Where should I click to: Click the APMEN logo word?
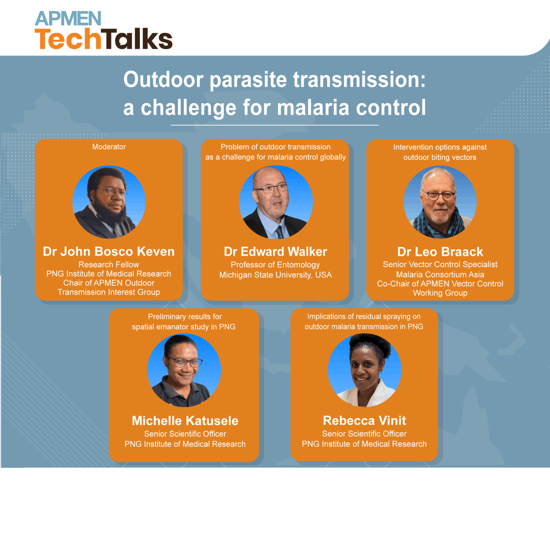click(x=68, y=19)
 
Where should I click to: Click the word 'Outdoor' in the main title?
click(x=163, y=79)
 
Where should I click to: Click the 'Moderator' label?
click(x=109, y=147)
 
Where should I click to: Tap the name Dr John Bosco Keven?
click(x=109, y=252)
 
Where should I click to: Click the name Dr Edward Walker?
click(x=275, y=252)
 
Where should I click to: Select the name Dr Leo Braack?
click(x=440, y=252)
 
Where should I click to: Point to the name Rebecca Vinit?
click(x=364, y=421)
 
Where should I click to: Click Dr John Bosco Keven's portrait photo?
click(x=109, y=202)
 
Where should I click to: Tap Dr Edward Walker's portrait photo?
click(x=276, y=202)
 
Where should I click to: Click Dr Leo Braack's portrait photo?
click(x=440, y=202)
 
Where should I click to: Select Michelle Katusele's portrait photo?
click(x=184, y=370)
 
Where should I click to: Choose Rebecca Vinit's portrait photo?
click(x=364, y=370)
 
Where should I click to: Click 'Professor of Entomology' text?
click(x=275, y=265)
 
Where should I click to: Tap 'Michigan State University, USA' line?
click(x=275, y=275)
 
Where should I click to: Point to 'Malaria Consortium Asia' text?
click(x=440, y=275)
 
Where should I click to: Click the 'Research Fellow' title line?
click(x=109, y=265)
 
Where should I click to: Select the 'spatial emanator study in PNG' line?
click(x=184, y=327)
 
